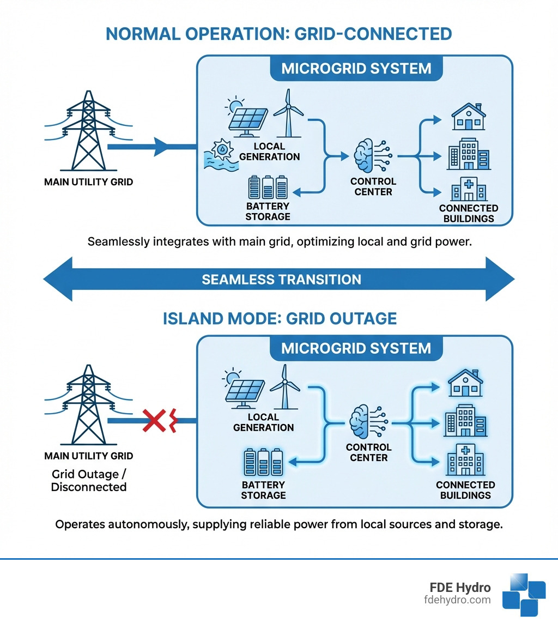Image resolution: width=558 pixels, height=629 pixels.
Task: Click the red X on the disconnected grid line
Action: click(x=154, y=421)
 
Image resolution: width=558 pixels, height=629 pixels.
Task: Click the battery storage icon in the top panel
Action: click(x=268, y=187)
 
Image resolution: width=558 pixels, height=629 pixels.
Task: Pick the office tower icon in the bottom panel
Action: click(x=464, y=421)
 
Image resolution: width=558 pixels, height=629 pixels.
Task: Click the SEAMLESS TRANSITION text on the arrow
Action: click(x=281, y=280)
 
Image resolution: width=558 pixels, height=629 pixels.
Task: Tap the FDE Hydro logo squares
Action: click(x=523, y=595)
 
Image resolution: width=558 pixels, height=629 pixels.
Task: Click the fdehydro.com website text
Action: click(x=457, y=600)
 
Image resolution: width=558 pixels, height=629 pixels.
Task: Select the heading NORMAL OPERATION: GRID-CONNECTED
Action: click(x=278, y=34)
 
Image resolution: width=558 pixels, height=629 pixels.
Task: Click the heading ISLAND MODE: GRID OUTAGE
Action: click(x=280, y=318)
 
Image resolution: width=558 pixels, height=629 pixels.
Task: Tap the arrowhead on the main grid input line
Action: click(x=163, y=147)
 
